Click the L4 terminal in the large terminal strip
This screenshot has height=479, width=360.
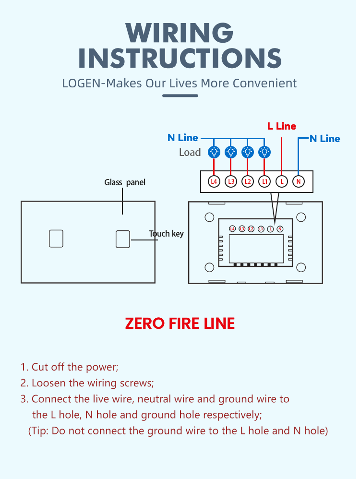(x=214, y=181)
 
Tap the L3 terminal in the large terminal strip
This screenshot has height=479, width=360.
(x=231, y=181)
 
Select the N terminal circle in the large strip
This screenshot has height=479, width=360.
(x=299, y=181)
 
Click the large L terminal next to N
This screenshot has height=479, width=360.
(x=282, y=181)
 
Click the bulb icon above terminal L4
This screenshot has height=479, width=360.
(x=214, y=152)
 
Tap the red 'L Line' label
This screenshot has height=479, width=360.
(x=282, y=126)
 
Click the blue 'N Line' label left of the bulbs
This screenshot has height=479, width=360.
(x=182, y=138)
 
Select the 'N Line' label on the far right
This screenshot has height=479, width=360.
(x=324, y=139)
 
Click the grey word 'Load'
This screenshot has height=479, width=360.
(x=190, y=153)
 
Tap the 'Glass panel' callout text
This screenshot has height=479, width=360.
(x=125, y=182)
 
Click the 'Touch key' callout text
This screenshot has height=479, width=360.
(x=166, y=234)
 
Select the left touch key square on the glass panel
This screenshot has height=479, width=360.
(x=56, y=239)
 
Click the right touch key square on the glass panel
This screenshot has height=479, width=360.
(x=123, y=239)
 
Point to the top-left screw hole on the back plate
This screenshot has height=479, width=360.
(x=209, y=217)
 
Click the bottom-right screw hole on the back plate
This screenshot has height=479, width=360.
(x=301, y=267)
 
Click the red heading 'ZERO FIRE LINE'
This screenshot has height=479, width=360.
(x=180, y=323)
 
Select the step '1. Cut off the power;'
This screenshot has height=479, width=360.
(x=69, y=367)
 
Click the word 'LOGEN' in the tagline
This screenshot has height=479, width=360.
(x=82, y=83)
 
